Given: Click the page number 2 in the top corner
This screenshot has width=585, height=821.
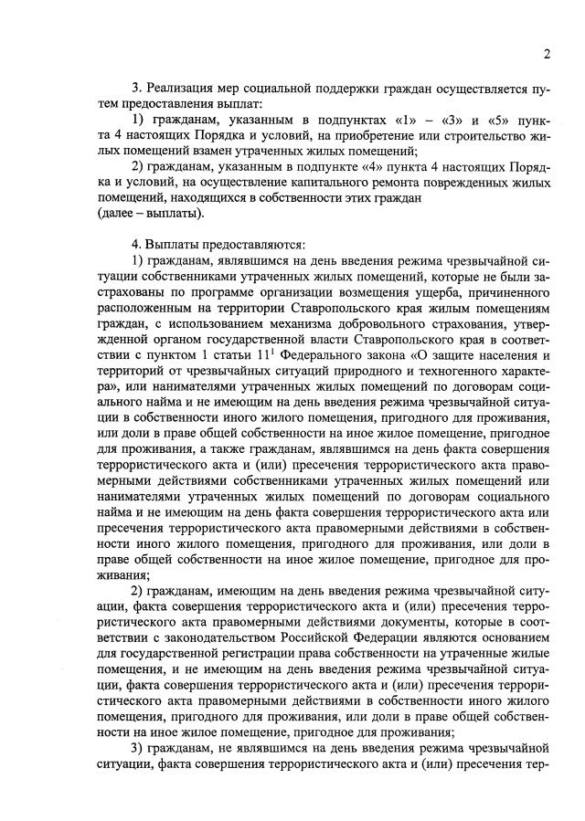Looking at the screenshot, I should pyautogui.click(x=546, y=54).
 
